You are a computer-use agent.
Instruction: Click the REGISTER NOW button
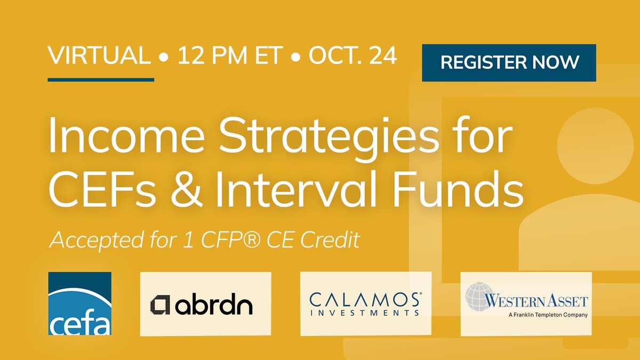(x=509, y=62)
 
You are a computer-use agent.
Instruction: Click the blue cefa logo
(x=79, y=304)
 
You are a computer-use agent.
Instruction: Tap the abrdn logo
(x=205, y=304)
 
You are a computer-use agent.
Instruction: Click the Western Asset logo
(x=526, y=303)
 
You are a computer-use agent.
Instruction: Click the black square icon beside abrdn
(x=160, y=305)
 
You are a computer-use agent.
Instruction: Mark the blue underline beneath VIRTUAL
(x=101, y=80)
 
